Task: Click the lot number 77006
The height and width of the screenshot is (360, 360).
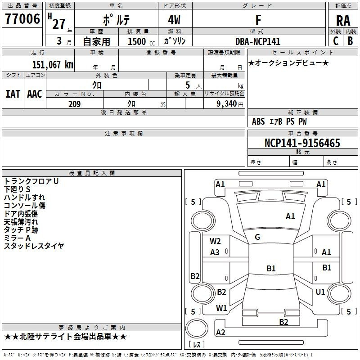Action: click(x=22, y=19)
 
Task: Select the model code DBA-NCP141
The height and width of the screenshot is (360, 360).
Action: click(x=258, y=41)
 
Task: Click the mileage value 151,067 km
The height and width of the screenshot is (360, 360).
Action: click(x=53, y=64)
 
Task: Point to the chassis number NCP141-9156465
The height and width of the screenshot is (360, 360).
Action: click(x=302, y=143)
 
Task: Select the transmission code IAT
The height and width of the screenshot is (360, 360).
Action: click(x=13, y=94)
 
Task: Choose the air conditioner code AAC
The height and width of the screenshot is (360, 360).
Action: click(x=34, y=94)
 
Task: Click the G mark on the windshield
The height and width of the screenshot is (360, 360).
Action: click(x=257, y=237)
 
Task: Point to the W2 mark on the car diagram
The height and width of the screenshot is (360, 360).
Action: click(x=215, y=241)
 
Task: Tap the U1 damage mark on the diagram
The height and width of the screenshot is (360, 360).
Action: click(x=320, y=292)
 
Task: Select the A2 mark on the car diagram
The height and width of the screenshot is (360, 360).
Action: click(x=220, y=333)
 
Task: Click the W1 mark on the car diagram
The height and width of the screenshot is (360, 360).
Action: click(x=221, y=308)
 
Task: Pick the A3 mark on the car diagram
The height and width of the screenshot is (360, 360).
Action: click(x=215, y=252)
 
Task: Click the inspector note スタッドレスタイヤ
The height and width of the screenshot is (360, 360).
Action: click(x=34, y=246)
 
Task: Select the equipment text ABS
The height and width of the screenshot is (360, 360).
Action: click(x=258, y=121)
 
